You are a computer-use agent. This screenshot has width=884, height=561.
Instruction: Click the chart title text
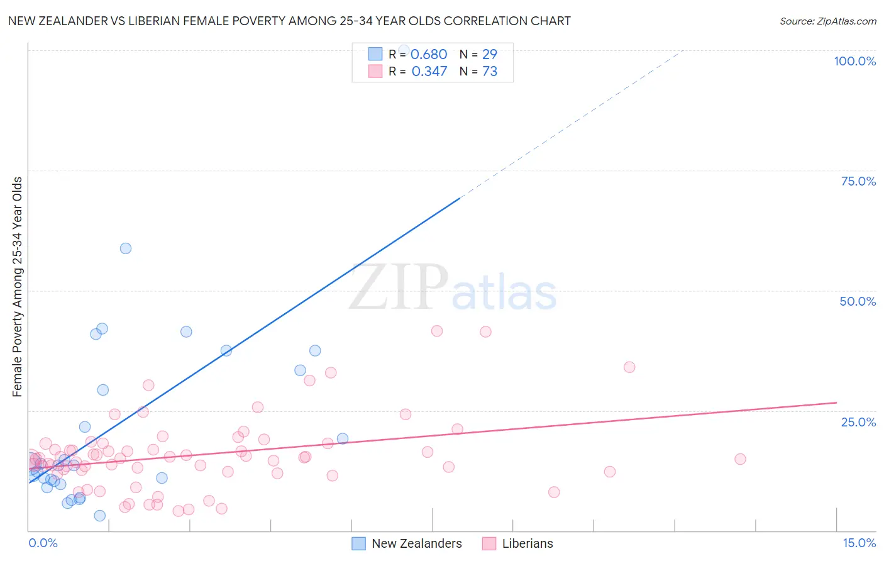click(x=289, y=21)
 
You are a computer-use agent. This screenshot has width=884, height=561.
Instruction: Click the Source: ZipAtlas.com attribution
click(x=827, y=21)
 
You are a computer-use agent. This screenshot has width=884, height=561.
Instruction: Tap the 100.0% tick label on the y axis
click(x=854, y=61)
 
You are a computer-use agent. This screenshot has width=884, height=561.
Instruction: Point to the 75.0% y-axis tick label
click(x=858, y=181)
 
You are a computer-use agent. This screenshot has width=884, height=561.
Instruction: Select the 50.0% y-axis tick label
click(x=858, y=301)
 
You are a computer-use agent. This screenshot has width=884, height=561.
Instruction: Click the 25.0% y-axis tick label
click(x=858, y=422)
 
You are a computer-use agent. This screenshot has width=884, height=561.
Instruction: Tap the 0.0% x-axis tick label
click(x=43, y=543)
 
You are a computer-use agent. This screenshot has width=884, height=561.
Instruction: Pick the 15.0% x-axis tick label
click(x=859, y=543)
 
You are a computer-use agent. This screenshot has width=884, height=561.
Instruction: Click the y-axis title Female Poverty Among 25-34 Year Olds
click(x=17, y=287)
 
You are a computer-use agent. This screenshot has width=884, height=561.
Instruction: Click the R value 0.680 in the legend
click(x=429, y=55)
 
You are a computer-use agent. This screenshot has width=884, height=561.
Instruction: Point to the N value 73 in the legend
click(x=490, y=72)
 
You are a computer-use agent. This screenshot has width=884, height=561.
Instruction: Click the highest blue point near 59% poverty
click(x=126, y=248)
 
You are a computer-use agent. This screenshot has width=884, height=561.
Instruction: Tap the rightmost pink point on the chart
click(x=740, y=459)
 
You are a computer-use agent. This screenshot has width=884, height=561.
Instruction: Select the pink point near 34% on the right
click(x=629, y=367)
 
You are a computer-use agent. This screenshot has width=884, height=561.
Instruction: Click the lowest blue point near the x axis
click(x=99, y=516)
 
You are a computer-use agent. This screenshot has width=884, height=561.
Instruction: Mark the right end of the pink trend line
click(x=836, y=403)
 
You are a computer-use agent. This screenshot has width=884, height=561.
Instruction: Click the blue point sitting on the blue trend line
click(x=226, y=350)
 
